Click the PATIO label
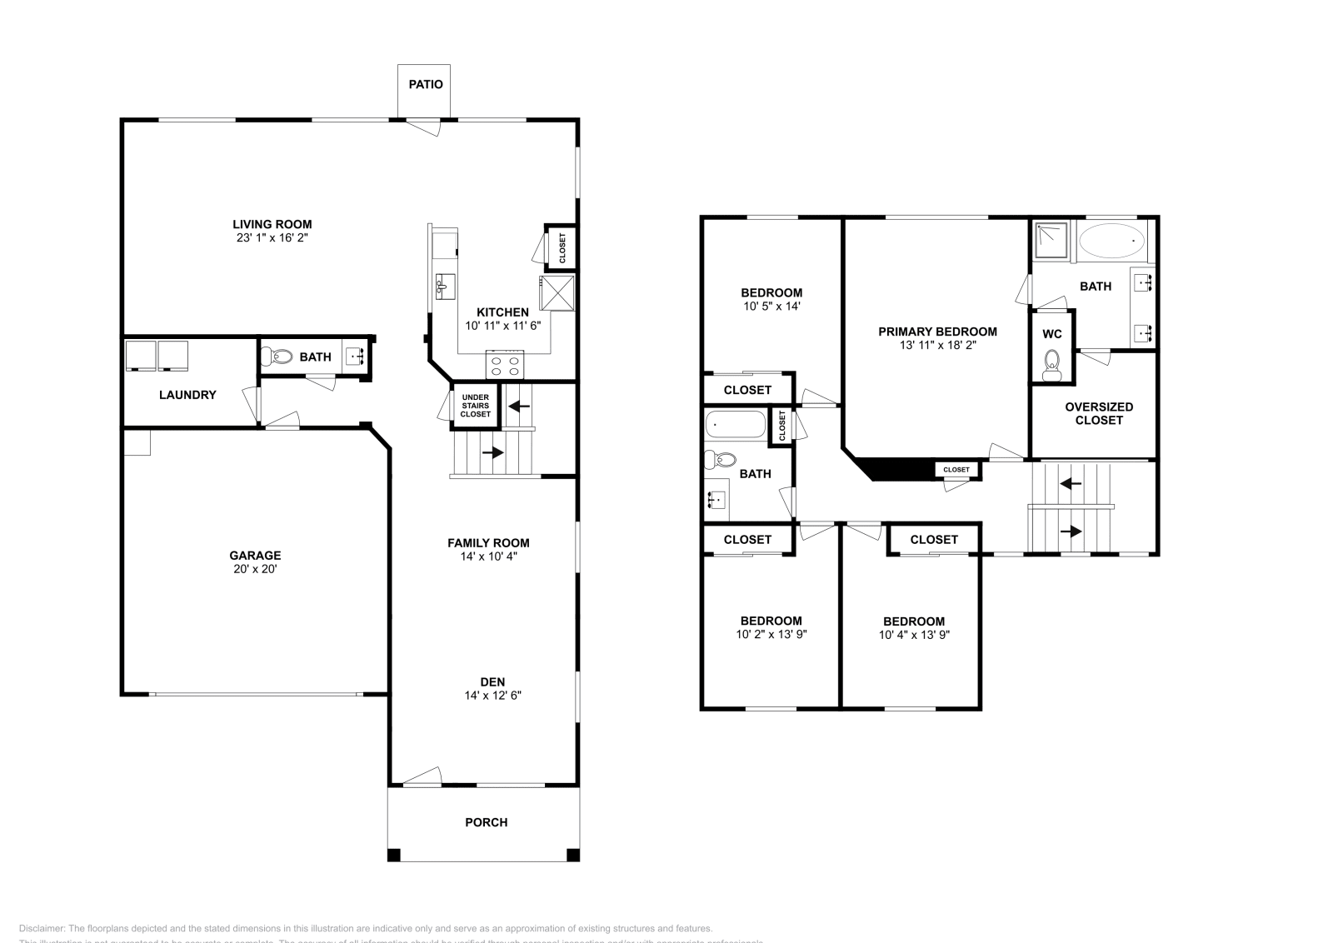click(x=425, y=84)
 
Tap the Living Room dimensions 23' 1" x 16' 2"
click(x=272, y=238)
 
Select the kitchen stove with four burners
click(x=505, y=364)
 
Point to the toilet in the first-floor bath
click(x=277, y=357)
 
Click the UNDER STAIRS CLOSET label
click(x=475, y=406)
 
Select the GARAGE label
click(x=255, y=556)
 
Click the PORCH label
click(x=486, y=822)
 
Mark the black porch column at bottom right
click(x=572, y=855)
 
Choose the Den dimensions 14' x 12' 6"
click(x=493, y=695)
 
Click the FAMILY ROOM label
click(x=488, y=542)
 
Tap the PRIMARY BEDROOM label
click(x=937, y=332)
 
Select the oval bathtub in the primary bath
click(x=1112, y=242)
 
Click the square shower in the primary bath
click(x=1052, y=241)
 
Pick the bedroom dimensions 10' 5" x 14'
click(x=771, y=306)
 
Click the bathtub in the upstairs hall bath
click(x=735, y=424)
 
